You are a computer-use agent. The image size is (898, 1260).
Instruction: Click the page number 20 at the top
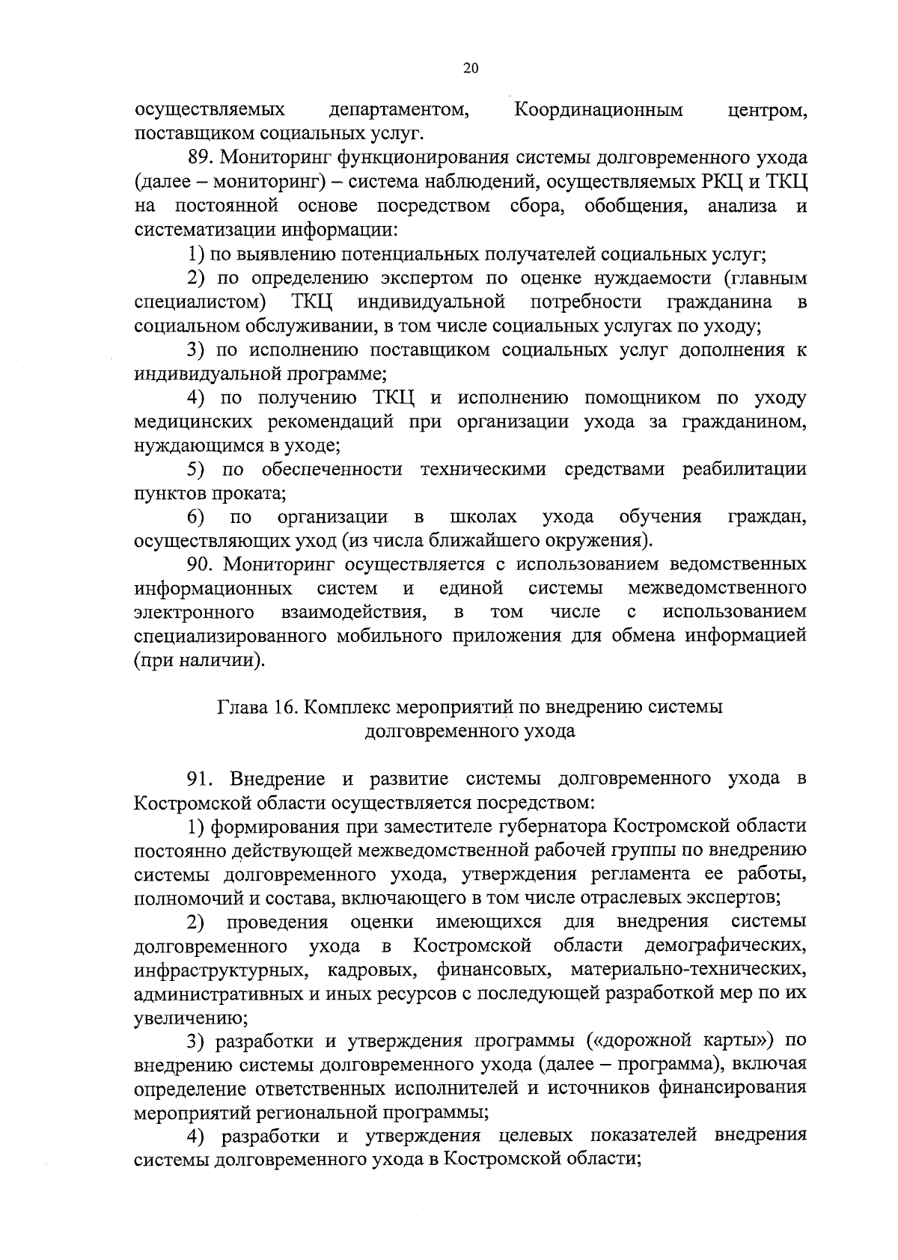point(471,68)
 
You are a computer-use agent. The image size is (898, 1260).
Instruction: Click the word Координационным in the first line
point(599,111)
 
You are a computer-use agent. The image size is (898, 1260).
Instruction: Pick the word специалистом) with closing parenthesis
point(200,302)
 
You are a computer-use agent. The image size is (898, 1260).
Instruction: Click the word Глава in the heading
point(242,708)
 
